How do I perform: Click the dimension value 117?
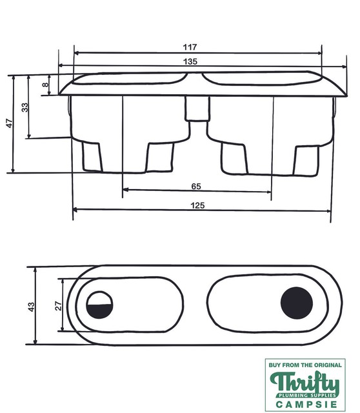coord(189,47)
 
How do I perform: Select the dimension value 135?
coord(189,61)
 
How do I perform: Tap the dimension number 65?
coord(196,186)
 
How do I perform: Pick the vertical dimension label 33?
coord(25,107)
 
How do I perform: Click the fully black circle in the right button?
coord(297,303)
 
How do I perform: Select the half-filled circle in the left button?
coord(100,305)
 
